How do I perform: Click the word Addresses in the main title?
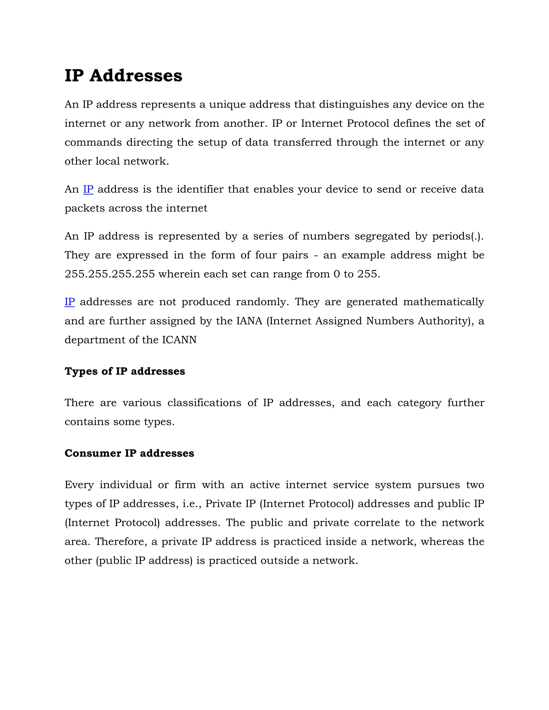[136, 76]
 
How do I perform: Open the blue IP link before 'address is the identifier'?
[88, 189]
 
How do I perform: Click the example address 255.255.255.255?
[110, 274]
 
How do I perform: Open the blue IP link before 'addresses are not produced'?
[70, 302]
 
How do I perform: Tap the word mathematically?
[443, 302]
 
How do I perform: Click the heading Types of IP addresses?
[125, 371]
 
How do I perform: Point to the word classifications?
[204, 403]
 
